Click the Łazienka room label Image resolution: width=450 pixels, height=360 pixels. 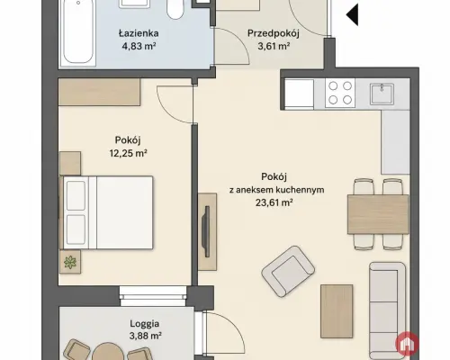139,32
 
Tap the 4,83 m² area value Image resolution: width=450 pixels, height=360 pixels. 139,46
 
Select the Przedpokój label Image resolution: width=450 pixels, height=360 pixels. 274,33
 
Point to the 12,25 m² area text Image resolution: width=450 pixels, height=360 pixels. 128,153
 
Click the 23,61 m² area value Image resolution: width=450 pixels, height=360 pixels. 274,202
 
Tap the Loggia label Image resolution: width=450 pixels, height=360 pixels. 145,324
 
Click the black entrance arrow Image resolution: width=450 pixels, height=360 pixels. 353,14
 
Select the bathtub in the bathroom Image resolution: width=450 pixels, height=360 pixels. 78,32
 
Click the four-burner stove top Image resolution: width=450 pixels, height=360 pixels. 340,93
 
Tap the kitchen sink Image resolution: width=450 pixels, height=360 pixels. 382,94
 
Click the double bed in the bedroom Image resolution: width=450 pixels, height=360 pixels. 107,212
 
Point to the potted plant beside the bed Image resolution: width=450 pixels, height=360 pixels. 70,262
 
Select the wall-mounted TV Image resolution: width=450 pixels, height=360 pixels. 206,231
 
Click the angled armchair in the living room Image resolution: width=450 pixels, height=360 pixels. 288,272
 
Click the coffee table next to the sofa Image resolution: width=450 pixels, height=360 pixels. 337,311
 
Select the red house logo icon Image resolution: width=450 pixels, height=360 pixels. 407,344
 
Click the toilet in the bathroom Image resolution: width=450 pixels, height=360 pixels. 175,10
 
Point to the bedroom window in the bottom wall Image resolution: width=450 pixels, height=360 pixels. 153,296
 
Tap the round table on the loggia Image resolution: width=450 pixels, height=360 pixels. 108,352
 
